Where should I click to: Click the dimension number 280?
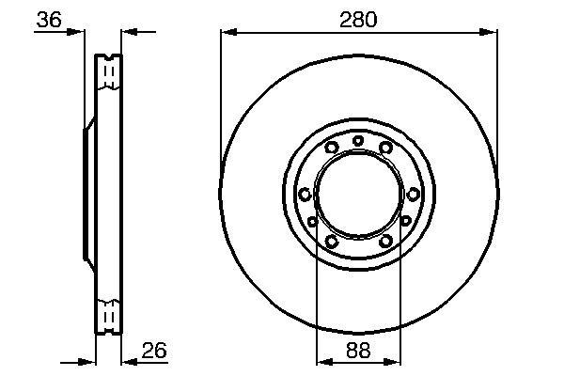click(x=358, y=20)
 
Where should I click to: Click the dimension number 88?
click(x=358, y=350)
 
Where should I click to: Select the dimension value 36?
click(x=49, y=20)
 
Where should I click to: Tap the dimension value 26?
click(x=154, y=350)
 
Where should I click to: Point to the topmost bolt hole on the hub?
click(x=358, y=141)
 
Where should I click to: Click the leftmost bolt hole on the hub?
click(x=305, y=195)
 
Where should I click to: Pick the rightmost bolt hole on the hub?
click(x=414, y=195)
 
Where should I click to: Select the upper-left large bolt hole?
click(x=331, y=148)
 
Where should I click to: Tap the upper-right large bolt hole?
click(x=385, y=148)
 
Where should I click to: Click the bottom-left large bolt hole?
click(x=331, y=241)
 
